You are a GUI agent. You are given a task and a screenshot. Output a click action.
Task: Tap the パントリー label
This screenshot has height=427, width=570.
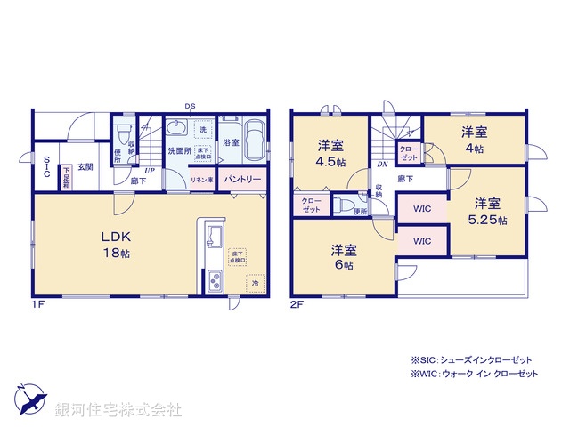coord(242,179)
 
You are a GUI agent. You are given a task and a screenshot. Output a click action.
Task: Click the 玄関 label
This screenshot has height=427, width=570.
coord(85,166)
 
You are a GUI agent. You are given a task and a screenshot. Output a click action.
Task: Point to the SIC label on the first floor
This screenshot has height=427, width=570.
coord(46,166)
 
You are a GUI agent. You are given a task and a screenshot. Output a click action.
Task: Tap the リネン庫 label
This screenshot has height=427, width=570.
coord(201,180)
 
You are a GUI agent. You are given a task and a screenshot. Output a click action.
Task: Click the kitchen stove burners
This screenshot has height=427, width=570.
coord(215,282)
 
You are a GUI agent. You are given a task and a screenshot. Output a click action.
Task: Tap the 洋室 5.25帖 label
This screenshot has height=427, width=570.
coord(488,210)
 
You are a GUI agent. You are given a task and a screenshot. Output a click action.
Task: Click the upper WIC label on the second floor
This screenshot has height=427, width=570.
coord(422,210)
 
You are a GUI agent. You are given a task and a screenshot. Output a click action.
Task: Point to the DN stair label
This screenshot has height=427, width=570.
coord(381,165)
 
